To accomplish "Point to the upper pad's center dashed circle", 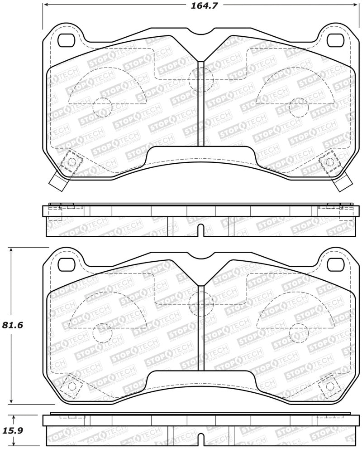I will (201, 80).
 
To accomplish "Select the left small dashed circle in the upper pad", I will (102, 107).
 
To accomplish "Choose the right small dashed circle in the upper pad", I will (299, 107).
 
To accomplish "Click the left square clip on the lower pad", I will (71, 386).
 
